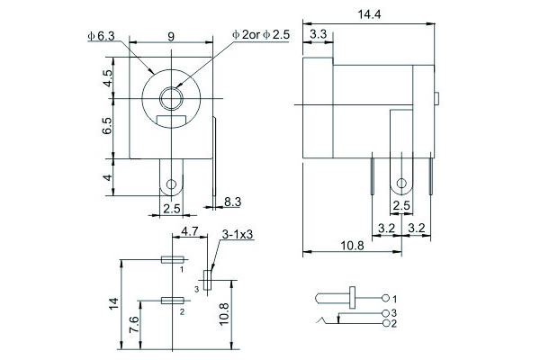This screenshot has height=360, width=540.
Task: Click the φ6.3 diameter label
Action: point(102,35)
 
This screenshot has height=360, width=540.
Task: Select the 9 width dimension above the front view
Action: point(171,36)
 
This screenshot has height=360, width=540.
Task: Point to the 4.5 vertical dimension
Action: point(108,80)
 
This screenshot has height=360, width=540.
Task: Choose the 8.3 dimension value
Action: point(231,202)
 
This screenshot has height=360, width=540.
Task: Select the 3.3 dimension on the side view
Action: point(318,34)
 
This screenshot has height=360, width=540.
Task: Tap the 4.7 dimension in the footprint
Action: point(190,231)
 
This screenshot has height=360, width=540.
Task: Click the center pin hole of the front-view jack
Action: point(171,96)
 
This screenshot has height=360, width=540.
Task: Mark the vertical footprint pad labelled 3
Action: point(208,280)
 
